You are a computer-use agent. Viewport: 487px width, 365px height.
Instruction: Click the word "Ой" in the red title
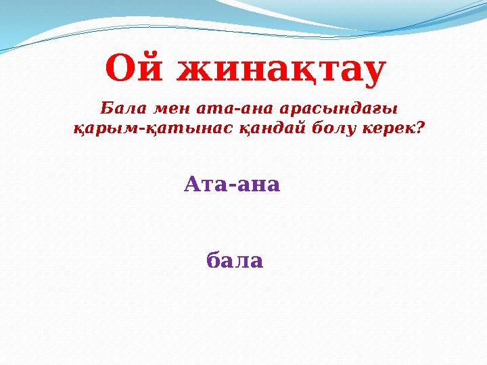pyautogui.click(x=133, y=69)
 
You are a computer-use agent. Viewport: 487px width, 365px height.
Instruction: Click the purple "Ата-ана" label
pyautogui.click(x=231, y=184)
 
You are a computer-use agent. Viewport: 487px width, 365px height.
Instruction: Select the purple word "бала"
pyautogui.click(x=234, y=260)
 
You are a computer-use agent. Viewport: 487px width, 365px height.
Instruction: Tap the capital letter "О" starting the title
pyautogui.click(x=122, y=69)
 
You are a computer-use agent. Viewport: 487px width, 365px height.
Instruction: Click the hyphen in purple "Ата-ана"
pyautogui.click(x=231, y=186)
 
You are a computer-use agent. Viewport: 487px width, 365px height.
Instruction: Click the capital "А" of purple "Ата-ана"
pyautogui.click(x=192, y=183)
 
